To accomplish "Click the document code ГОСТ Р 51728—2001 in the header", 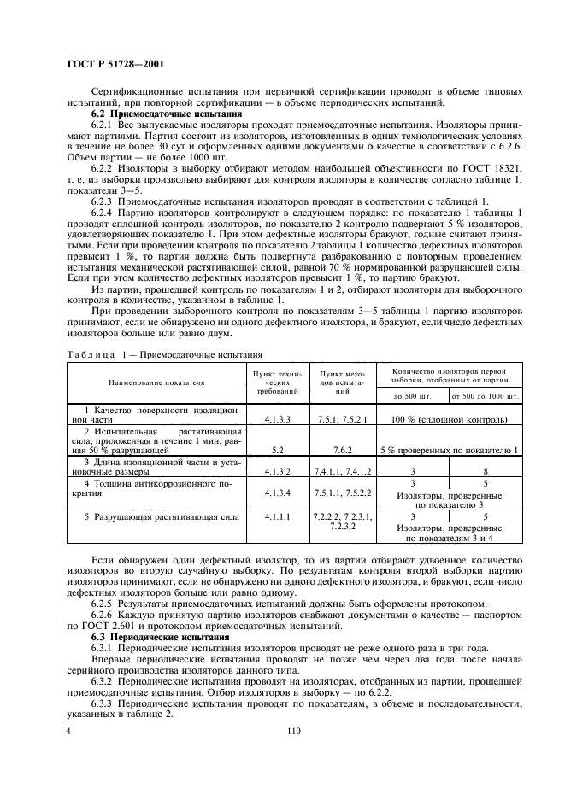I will [116, 64].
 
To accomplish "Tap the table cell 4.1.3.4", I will [277, 493].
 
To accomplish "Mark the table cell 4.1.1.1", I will [277, 516].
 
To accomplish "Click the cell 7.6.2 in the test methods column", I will [343, 447].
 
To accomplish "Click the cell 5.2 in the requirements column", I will [277, 447].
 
